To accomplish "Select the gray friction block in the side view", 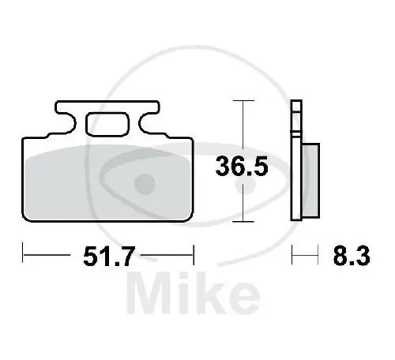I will tap(310, 179).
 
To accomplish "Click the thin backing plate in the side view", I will tap(296, 166).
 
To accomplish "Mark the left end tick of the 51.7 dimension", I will tap(23, 254).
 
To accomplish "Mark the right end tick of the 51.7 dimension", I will tap(193, 254).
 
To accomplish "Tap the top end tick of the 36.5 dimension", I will tap(244, 101).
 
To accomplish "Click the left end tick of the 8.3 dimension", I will tap(293, 254).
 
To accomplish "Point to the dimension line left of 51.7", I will tap(47, 254).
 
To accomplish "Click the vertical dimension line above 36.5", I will tap(244, 126).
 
